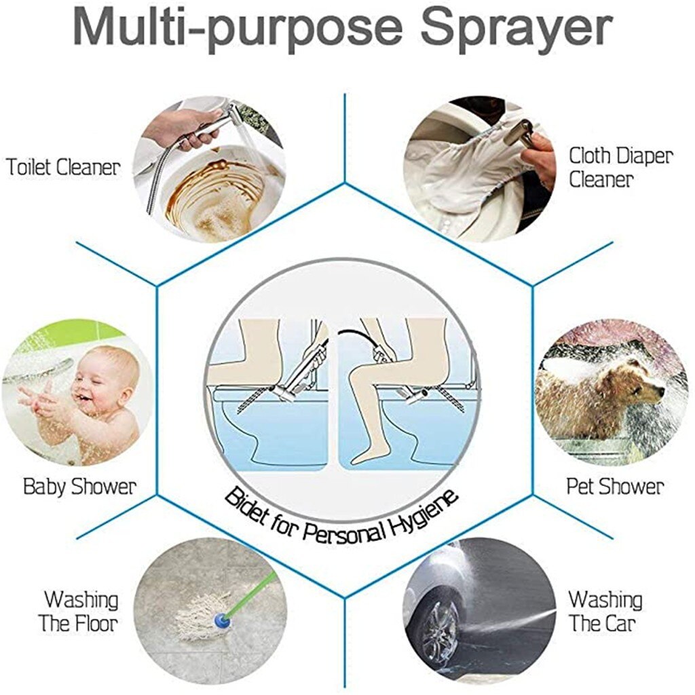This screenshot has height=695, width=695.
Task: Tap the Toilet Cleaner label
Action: [x=63, y=167]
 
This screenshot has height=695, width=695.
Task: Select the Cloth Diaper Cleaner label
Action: [x=620, y=168]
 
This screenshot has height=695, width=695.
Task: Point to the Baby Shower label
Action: [x=79, y=487]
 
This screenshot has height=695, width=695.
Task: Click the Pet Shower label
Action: [x=615, y=487]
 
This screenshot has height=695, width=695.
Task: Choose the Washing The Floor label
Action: [x=81, y=612]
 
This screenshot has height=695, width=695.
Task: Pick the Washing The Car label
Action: [x=605, y=612]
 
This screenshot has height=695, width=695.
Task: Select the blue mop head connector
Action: [x=221, y=620]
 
